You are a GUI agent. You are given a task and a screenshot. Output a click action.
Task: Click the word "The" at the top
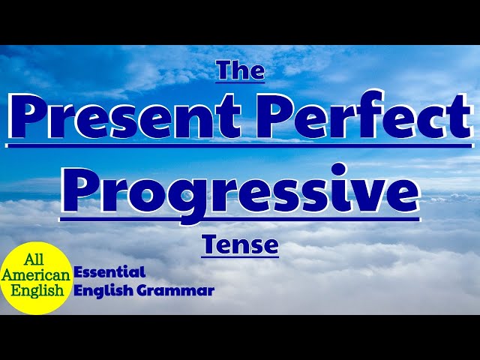coord(240,70)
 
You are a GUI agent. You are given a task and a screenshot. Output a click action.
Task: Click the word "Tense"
coord(240,244)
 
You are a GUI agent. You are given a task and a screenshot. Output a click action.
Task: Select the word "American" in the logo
coord(36,275)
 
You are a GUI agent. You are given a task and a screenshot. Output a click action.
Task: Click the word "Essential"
coord(109,273)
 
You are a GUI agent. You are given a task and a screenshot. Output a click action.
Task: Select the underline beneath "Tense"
coord(240,257)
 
